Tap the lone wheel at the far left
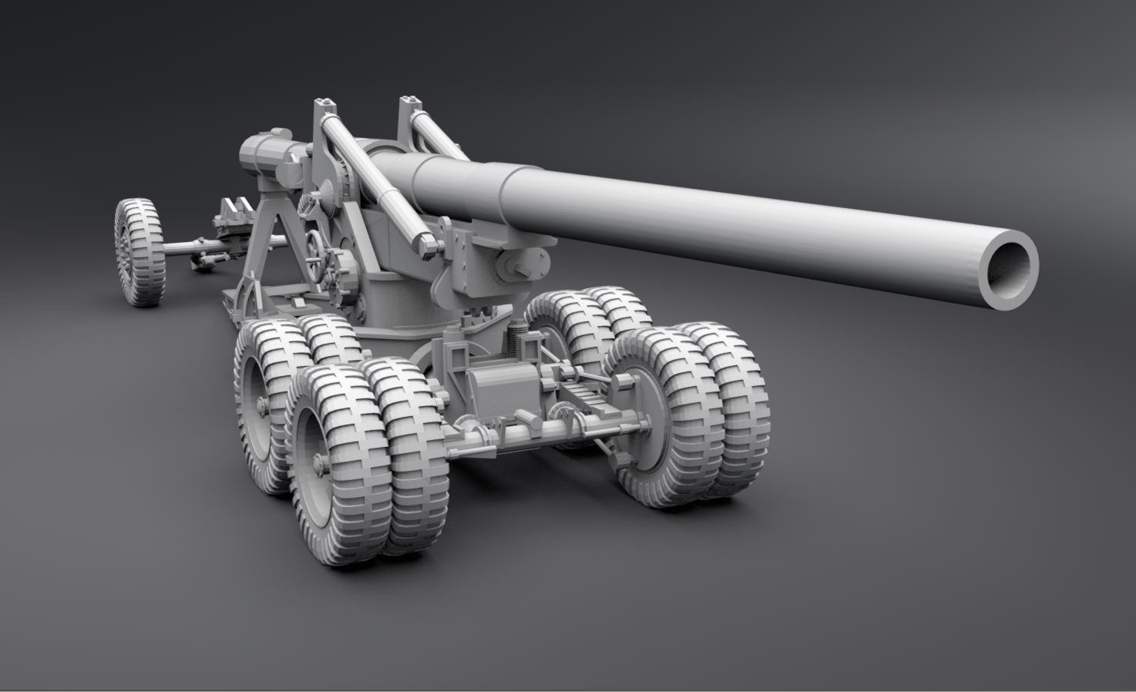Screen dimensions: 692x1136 [x=139, y=251]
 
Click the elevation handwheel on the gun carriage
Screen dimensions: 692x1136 [x=314, y=251]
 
